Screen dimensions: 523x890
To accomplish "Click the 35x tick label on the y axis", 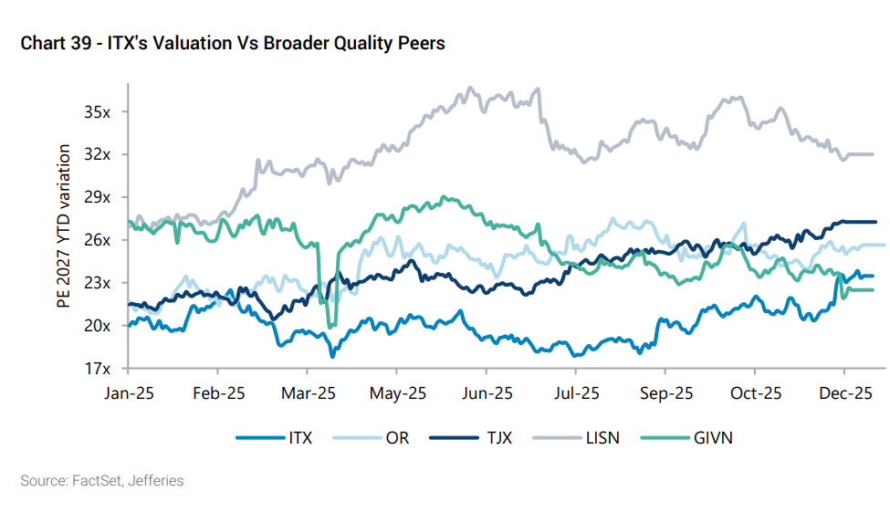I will tap(98, 112).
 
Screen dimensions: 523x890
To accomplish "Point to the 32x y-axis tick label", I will tap(98, 154).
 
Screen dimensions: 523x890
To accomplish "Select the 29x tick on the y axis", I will tap(98, 197).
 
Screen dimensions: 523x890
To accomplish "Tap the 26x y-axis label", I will tap(98, 240).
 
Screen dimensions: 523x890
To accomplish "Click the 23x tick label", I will tap(98, 283).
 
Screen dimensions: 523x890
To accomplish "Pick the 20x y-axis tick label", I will tap(98, 326).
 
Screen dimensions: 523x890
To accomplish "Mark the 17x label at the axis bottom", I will tap(98, 369).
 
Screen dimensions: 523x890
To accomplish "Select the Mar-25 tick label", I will tap(307, 394).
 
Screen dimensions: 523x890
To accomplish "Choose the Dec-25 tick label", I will tap(844, 394).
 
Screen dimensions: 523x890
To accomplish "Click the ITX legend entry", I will tap(298, 438).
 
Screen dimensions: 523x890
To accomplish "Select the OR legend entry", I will tap(397, 438).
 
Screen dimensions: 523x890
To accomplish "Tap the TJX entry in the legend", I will tap(498, 438).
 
